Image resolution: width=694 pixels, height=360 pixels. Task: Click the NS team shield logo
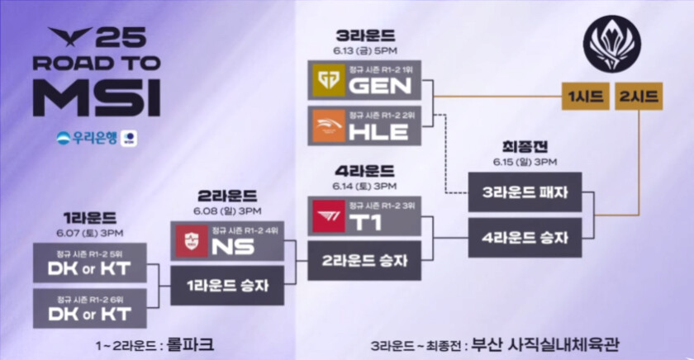[x=190, y=241]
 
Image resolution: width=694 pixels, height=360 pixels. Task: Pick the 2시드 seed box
[x=638, y=97]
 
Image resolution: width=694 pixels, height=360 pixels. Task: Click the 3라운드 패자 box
[x=525, y=192]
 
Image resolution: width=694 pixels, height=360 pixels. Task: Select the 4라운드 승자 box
[x=525, y=238]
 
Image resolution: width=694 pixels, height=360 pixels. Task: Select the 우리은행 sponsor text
[x=89, y=137]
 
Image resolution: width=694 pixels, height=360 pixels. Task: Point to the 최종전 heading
[x=525, y=145]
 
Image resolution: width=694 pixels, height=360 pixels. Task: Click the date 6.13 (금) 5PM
[x=365, y=51]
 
